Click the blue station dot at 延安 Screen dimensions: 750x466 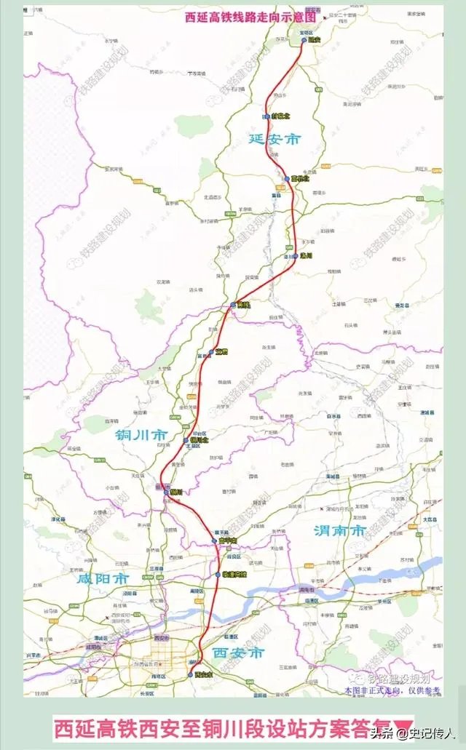305,41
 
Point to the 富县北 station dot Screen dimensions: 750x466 287,177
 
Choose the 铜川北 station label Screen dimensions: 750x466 199,440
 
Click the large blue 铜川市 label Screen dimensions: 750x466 142,434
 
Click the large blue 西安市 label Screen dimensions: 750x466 238,653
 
